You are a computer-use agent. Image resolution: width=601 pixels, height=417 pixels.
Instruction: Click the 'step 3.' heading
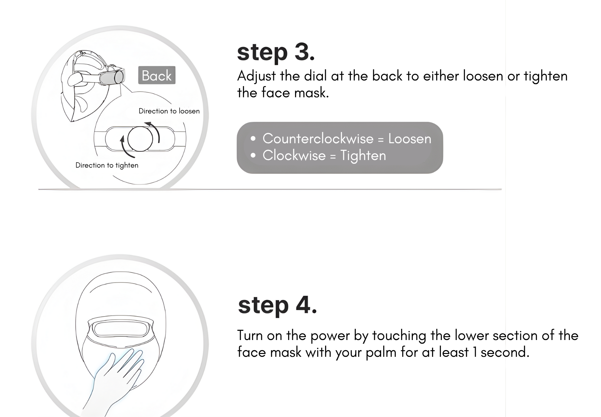pos(276,52)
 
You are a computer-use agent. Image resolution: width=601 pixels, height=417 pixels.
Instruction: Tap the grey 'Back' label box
pos(157,75)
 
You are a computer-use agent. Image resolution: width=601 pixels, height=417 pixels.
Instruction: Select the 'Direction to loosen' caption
pos(169,111)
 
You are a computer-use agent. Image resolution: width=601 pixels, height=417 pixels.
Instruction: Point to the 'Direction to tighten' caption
pos(107,165)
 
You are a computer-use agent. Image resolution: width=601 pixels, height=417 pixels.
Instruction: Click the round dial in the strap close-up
pos(140,138)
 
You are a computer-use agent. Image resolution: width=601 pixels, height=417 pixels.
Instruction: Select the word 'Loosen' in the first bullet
pos(410,139)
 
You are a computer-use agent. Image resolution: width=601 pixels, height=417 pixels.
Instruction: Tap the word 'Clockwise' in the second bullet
pos(294,156)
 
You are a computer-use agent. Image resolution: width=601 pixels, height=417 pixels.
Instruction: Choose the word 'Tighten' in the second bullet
pos(363,156)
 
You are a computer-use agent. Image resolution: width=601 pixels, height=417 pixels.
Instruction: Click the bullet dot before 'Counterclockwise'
pos(253,139)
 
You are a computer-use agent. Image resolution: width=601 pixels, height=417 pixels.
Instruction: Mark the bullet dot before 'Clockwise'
pos(253,156)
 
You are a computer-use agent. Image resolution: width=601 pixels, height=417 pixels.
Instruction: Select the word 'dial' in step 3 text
pos(315,76)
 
